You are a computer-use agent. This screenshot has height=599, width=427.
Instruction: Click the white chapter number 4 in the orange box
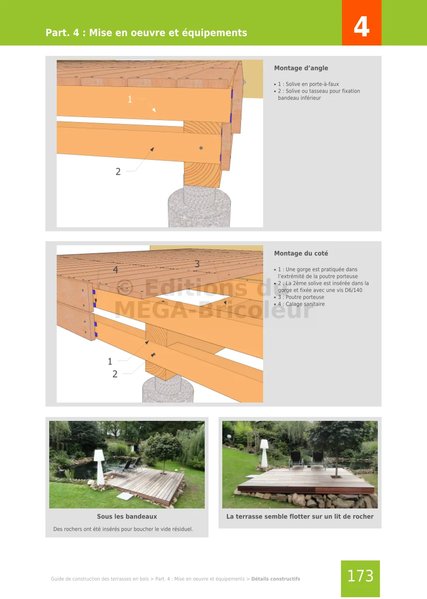[x=362, y=26]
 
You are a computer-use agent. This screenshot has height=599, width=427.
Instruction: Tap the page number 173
[x=360, y=576]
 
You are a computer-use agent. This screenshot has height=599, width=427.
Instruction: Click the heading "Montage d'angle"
[x=301, y=68]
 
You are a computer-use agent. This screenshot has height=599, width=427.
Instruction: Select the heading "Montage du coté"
[x=301, y=253]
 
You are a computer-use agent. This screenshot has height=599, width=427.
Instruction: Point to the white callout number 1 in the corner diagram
[x=130, y=99]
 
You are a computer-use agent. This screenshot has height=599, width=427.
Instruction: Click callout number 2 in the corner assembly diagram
[x=118, y=171]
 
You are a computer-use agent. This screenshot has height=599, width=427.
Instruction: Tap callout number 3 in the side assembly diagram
[x=197, y=264]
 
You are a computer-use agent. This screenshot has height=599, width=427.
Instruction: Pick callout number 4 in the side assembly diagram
[x=116, y=269]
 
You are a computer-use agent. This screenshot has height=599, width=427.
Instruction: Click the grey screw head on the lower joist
[x=201, y=148]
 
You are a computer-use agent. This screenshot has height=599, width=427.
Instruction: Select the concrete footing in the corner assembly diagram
[x=199, y=207]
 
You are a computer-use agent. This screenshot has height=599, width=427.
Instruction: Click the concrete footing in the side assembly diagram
[x=168, y=389]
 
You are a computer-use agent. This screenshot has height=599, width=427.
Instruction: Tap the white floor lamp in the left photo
[x=100, y=467]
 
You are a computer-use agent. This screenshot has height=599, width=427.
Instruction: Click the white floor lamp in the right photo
[x=264, y=453]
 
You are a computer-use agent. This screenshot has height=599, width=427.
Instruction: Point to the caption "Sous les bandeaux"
[x=127, y=516]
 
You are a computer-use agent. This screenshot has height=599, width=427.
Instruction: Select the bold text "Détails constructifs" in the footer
[x=276, y=579]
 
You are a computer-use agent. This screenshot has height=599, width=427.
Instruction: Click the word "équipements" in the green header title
[x=214, y=33]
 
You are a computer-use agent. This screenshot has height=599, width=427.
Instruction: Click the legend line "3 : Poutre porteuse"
[x=301, y=297]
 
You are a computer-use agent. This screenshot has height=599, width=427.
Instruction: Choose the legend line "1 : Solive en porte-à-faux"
[x=308, y=84]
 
